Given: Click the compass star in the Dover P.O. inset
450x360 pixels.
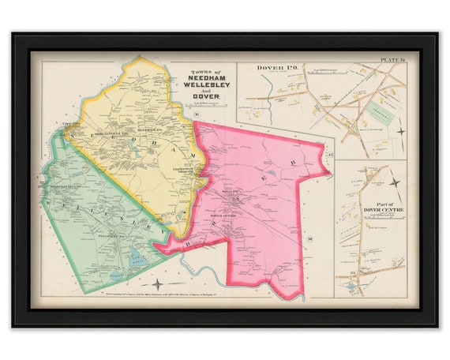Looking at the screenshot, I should coord(399,131).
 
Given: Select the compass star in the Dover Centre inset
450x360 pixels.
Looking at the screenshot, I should coord(395,183).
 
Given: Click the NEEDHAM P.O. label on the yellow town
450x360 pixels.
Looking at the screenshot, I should coord(150,128).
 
